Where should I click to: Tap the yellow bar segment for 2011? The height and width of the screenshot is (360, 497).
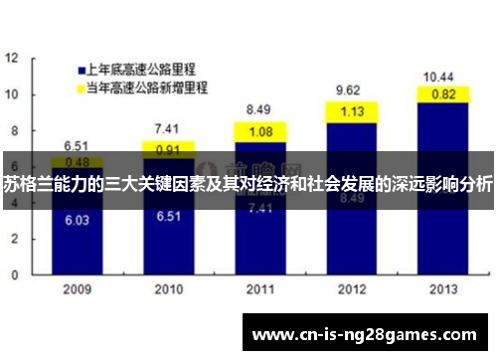tap(259, 131)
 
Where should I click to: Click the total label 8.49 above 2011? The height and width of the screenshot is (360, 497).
tap(258, 109)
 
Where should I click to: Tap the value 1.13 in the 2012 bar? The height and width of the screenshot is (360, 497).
tap(350, 111)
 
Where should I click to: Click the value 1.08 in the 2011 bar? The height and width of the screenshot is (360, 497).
tap(259, 131)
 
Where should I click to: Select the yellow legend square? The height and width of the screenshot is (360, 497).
tap(81, 89)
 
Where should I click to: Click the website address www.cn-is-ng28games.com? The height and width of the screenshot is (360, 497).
tap(367, 334)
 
